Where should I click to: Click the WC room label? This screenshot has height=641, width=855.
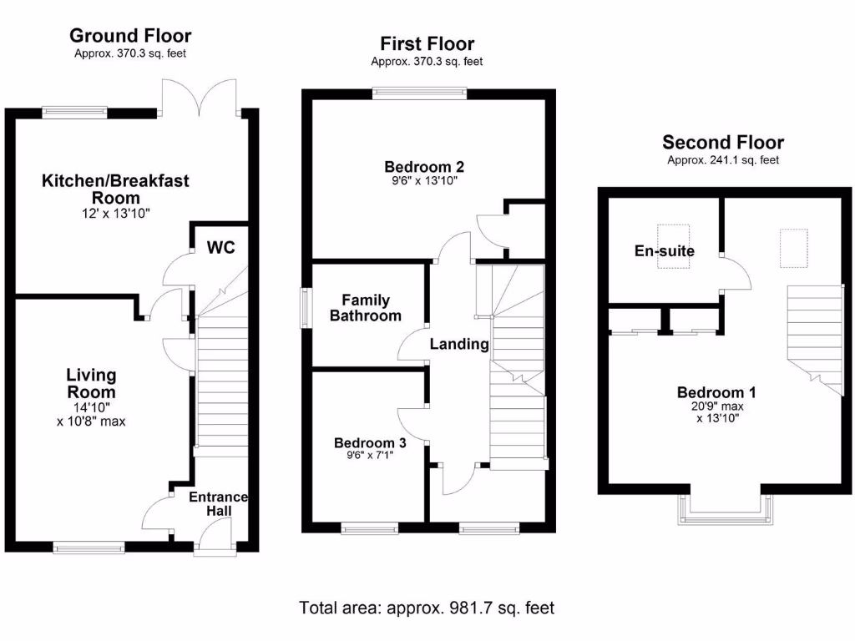pos(221,247)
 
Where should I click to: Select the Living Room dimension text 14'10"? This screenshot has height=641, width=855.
pos(92,406)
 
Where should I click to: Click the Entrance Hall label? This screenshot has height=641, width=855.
pos(218,503)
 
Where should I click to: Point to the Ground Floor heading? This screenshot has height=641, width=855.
pos(130,35)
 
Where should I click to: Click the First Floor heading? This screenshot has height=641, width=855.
pos(427,43)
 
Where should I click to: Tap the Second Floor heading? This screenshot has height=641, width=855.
pos(722,143)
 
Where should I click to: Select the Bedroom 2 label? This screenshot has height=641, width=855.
pos(424,165)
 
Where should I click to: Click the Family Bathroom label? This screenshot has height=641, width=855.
pos(366,308)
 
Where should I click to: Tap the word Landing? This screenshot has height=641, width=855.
pos(459,344)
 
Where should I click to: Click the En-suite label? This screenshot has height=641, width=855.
pos(665,250)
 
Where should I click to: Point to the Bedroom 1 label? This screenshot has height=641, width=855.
pos(710,392)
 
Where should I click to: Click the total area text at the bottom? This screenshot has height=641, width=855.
pos(427,608)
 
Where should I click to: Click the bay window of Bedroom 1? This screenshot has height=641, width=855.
pos(726,509)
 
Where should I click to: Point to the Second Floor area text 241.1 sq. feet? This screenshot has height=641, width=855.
pos(722,160)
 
